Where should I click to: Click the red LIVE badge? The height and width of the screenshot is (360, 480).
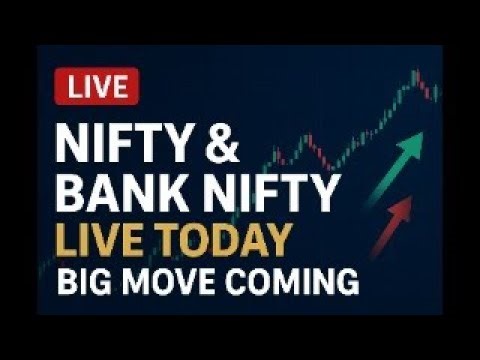[x=98, y=87]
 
